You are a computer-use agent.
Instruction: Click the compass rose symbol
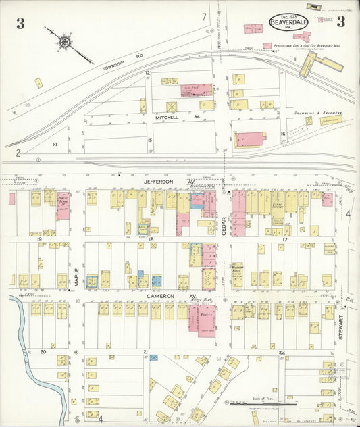pos(63,42)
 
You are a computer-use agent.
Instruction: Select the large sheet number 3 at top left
pos(20,24)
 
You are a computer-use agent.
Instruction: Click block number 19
pos(40,239)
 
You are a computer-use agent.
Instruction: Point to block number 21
pos(145,352)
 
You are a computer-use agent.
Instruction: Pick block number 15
pos(150,140)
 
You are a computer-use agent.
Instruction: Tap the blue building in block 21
pos(153,357)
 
